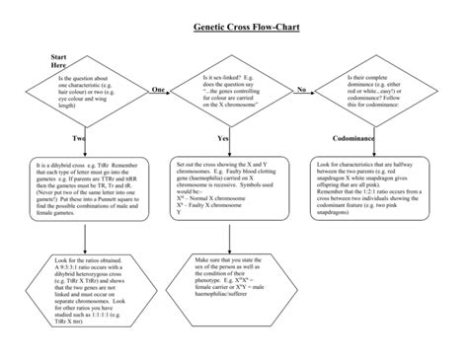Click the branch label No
pos(301,90)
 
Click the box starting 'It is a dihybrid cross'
pos(86,184)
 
